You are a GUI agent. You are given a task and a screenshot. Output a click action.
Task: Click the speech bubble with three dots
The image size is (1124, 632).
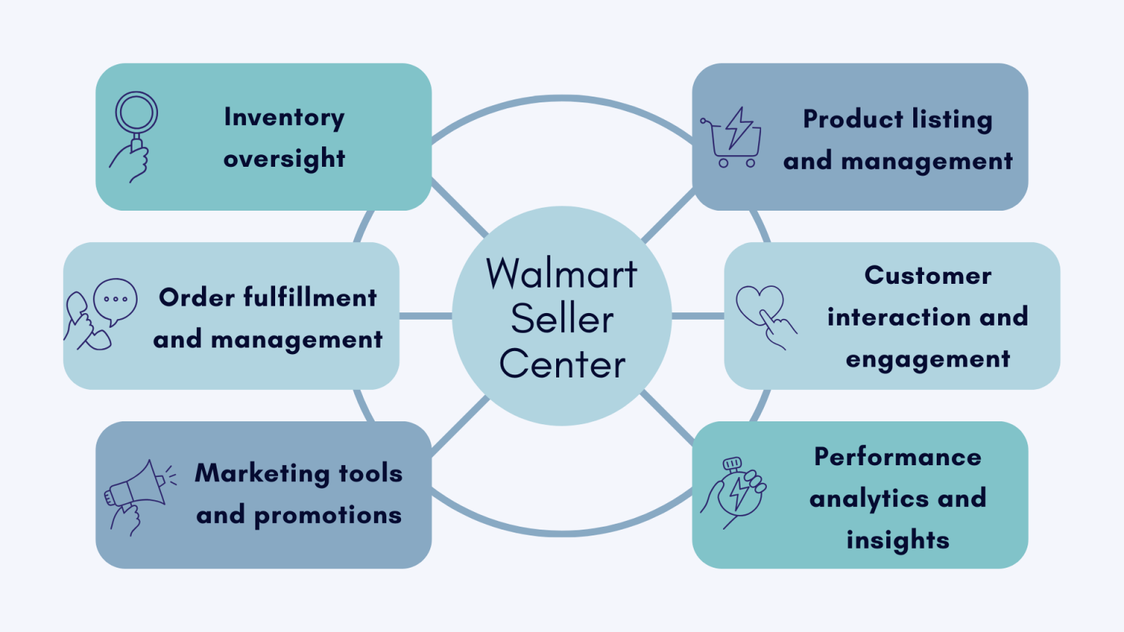(116, 300)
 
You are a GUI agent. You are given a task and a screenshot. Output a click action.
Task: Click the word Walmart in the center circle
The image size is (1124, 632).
(562, 274)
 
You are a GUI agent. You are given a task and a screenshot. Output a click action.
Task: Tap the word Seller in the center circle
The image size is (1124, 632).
(562, 319)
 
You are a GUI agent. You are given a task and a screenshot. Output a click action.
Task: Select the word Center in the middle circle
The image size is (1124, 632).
(562, 364)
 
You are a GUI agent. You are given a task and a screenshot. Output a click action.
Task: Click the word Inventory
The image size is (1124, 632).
(284, 118)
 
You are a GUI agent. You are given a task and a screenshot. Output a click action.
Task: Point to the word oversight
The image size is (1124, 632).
(284, 159)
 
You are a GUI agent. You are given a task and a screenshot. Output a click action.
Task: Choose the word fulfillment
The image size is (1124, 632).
(310, 298)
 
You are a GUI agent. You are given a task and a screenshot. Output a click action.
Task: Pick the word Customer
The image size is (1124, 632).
(928, 276)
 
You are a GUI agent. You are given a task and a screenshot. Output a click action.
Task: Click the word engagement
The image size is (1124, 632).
(928, 360)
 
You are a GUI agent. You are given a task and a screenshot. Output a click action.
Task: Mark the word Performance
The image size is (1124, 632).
(898, 457)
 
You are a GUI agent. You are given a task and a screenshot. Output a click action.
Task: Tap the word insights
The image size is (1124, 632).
(898, 541)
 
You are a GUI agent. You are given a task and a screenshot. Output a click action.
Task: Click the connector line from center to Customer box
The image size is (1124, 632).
(697, 316)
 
